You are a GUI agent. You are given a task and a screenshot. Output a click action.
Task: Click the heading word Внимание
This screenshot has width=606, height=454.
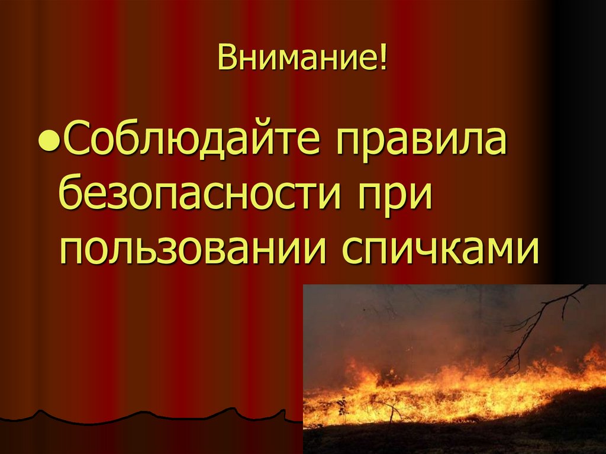[x=298, y=61]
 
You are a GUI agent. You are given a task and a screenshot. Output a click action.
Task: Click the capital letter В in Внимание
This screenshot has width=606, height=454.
[x=226, y=61]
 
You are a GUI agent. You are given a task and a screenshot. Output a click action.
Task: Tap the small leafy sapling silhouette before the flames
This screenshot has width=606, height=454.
[x=341, y=407]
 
